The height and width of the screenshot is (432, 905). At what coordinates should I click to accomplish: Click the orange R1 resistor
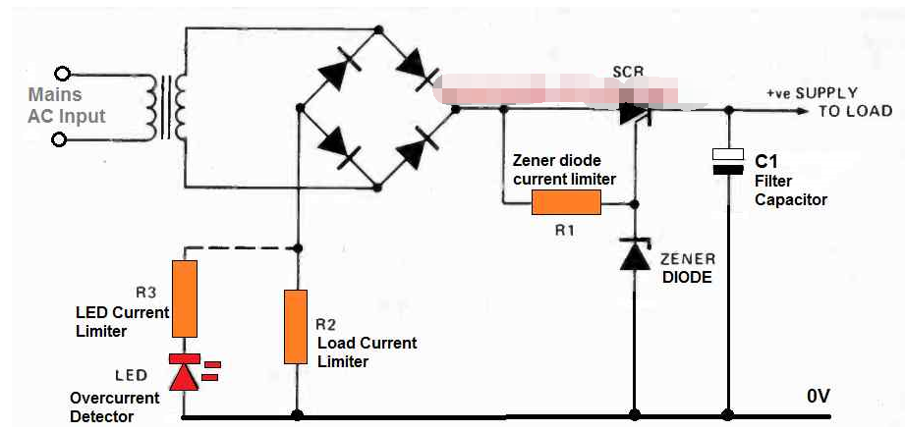[566, 203]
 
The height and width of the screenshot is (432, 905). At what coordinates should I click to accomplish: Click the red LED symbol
[184, 373]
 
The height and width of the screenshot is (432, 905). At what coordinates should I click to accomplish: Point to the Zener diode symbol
[636, 254]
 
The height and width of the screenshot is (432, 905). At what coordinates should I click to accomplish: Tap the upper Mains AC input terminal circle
[64, 74]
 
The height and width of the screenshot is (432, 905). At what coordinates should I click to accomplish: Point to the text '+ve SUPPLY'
[817, 92]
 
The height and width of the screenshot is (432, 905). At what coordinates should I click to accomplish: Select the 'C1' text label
[766, 160]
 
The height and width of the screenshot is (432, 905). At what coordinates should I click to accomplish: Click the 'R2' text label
[326, 323]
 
